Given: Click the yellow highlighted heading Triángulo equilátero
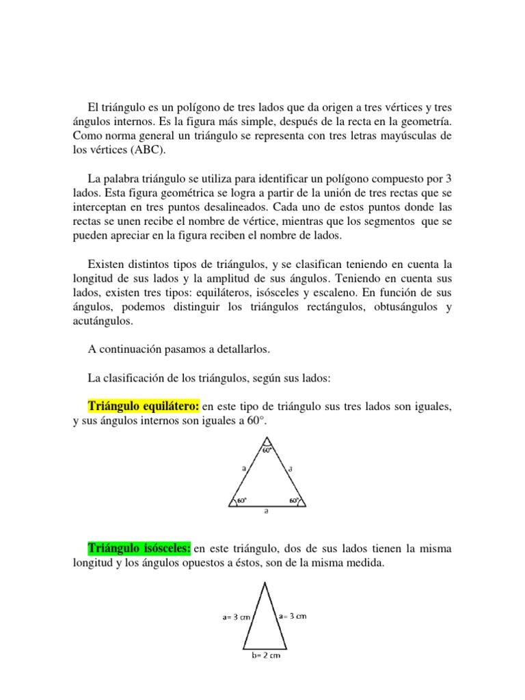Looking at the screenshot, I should click(x=144, y=407).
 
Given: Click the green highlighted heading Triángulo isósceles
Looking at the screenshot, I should click(x=140, y=548).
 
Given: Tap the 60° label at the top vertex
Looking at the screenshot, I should click(x=267, y=450).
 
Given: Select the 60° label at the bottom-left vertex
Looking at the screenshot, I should click(x=241, y=501).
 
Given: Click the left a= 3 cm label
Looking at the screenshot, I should click(x=237, y=617).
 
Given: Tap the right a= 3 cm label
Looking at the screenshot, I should click(x=292, y=616).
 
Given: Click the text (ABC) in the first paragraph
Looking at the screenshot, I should click(x=148, y=151).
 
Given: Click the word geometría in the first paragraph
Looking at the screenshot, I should click(x=429, y=122).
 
